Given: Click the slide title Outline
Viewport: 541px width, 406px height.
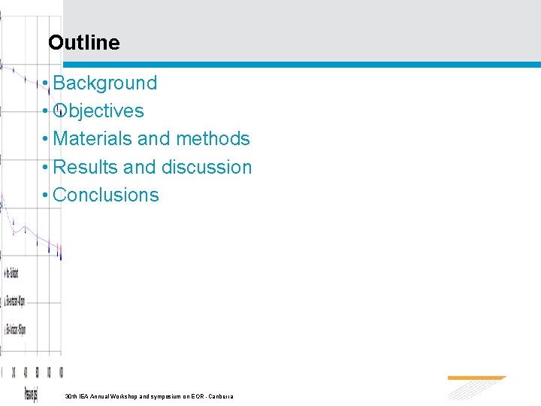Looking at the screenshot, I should (83, 43).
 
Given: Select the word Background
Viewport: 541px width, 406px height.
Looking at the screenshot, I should (105, 83).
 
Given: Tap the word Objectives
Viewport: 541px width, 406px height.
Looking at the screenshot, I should (98, 111).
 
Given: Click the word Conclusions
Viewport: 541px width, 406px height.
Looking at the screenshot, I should (106, 195).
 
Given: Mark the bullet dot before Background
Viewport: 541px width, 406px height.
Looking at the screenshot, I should (47, 83).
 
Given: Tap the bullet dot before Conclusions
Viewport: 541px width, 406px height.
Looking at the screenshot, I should (47, 195).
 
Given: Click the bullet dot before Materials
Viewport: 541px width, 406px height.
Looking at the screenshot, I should (47, 138).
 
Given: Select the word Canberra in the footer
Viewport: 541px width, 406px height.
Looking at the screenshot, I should (222, 395).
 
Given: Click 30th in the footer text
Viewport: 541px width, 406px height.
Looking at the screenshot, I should (71, 395).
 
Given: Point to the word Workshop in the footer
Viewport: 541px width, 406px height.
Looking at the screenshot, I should (122, 395).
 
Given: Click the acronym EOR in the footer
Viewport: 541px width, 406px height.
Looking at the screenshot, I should (198, 395).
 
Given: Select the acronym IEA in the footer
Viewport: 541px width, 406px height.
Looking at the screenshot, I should (83, 395).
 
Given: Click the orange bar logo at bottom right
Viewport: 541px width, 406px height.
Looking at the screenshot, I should (476, 378).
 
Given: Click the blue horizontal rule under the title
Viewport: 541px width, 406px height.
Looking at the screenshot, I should (301, 65).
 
